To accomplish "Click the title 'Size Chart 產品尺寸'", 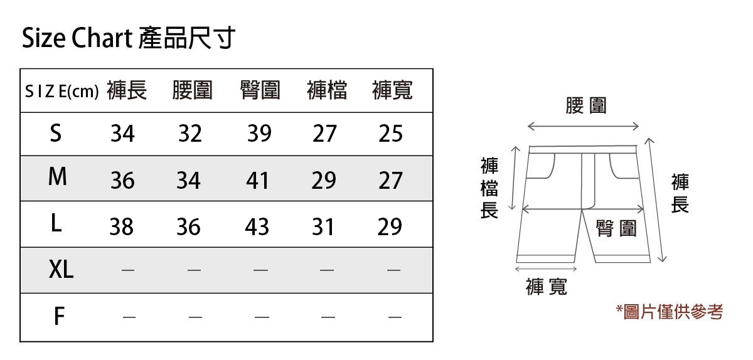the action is [128, 39].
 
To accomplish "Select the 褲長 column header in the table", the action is [127, 91].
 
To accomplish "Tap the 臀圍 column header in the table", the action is [260, 91].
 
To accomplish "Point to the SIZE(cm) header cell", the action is [61, 92].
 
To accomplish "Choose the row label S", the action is [56, 133].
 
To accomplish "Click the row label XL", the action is [61, 270].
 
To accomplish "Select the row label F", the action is [58, 317].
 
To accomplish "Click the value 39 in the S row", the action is [259, 134].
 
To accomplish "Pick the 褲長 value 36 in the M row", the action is [122, 181].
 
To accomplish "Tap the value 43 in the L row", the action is [257, 226].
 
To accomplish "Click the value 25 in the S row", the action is [390, 134].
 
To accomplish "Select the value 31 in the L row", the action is [323, 226].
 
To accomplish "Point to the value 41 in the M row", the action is [257, 181].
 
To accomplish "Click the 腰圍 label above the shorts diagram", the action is [585, 105].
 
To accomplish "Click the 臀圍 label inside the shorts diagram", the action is [616, 229].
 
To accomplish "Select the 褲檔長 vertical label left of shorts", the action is [489, 188].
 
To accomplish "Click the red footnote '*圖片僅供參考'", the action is [670, 311].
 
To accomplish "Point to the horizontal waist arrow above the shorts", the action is [584, 127].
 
